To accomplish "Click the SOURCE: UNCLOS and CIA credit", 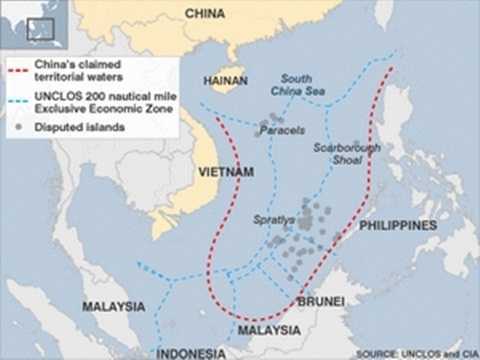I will [x=414, y=353].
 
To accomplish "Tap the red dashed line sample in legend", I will [x=16, y=71].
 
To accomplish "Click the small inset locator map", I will [x=35, y=25].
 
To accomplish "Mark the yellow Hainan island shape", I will [x=226, y=78].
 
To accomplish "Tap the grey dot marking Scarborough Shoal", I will [x=355, y=145].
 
